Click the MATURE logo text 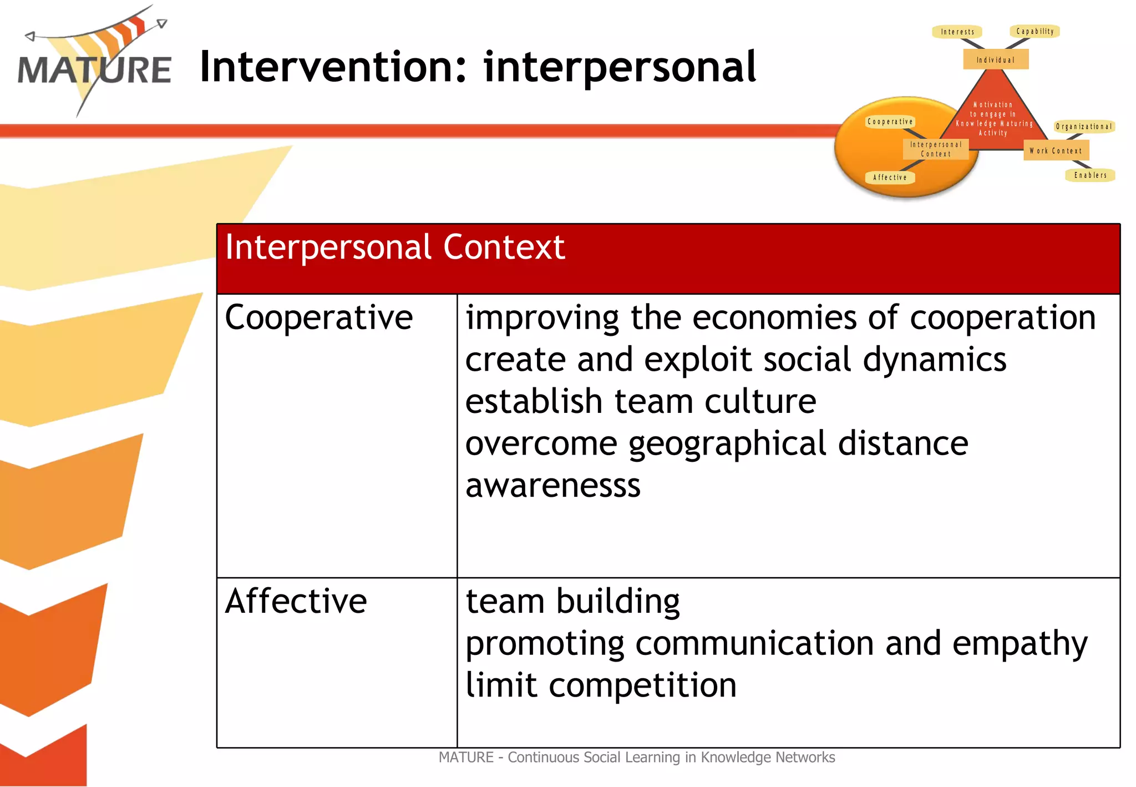[x=94, y=70]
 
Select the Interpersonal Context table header [x=395, y=248]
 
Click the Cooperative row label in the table [x=318, y=318]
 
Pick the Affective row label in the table [x=296, y=601]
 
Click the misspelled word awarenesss [x=552, y=486]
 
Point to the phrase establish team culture [x=640, y=402]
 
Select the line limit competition [x=601, y=685]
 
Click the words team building [x=572, y=602]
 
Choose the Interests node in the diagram [x=957, y=32]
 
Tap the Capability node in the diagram [x=1035, y=32]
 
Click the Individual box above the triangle [x=996, y=59]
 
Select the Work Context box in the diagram [x=1056, y=150]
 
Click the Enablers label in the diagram [x=1090, y=175]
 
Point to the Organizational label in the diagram [x=1084, y=127]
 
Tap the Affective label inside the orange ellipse [x=890, y=178]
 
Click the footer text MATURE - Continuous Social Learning [x=636, y=758]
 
